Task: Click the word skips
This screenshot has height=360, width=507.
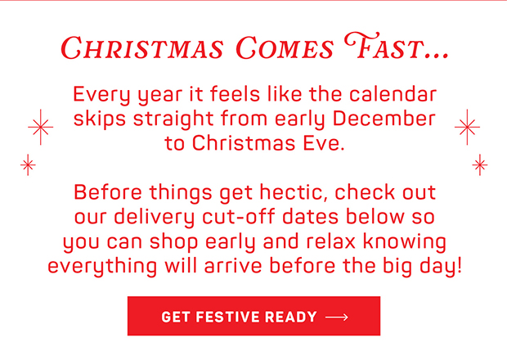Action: point(98,119)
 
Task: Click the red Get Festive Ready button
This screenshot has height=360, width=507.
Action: point(253,317)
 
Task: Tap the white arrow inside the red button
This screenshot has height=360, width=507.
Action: point(336,317)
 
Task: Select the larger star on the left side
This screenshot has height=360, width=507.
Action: point(40,128)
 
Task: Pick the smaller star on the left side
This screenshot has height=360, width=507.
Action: point(28,164)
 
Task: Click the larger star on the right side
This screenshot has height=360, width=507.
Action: point(468,127)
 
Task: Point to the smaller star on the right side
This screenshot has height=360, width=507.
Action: point(480,164)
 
